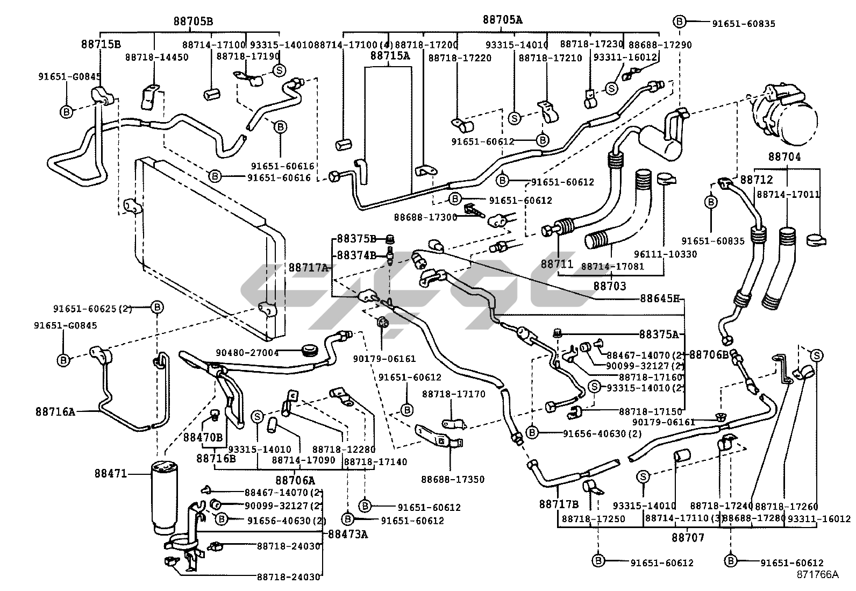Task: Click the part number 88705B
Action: [x=193, y=22]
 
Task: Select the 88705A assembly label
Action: [x=502, y=20]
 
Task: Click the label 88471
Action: [x=111, y=474]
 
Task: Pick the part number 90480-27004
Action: [x=247, y=353]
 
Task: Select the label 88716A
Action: [x=55, y=412]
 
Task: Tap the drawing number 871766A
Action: [x=818, y=574]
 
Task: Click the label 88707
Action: [x=688, y=537]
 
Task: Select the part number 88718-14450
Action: [x=157, y=57]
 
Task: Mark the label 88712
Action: [x=757, y=180]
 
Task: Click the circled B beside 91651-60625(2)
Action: [x=157, y=307]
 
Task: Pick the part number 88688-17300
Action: [x=425, y=217]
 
